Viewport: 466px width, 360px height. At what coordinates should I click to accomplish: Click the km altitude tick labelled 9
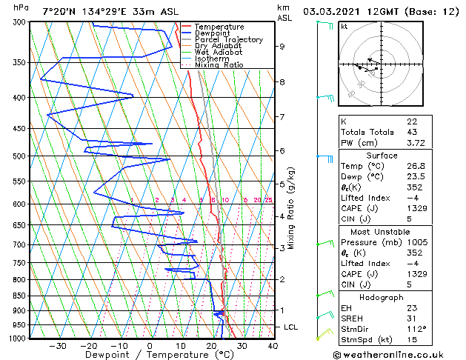click(x=282, y=46)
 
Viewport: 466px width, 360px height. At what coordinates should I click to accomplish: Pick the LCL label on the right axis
click(x=292, y=327)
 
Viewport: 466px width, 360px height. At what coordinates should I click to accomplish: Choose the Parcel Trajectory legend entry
click(x=228, y=40)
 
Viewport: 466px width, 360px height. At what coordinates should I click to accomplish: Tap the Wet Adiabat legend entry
click(x=217, y=53)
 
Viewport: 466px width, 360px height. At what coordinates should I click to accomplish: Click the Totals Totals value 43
click(x=411, y=132)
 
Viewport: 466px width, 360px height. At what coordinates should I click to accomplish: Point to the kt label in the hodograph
click(x=344, y=26)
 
